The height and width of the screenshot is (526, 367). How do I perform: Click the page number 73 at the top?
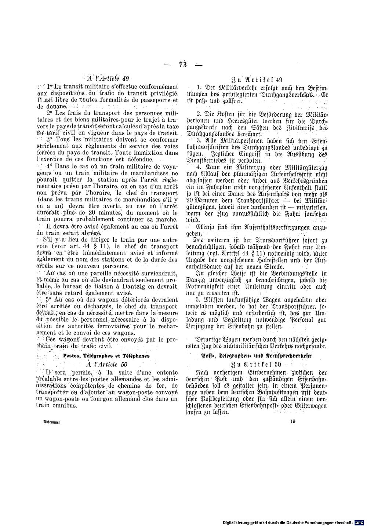click(183, 65)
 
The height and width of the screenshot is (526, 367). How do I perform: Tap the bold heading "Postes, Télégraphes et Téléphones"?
click(106, 355)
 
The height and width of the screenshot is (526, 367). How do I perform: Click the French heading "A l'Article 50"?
click(106, 364)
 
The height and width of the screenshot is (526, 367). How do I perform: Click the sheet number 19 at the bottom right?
click(292, 421)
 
